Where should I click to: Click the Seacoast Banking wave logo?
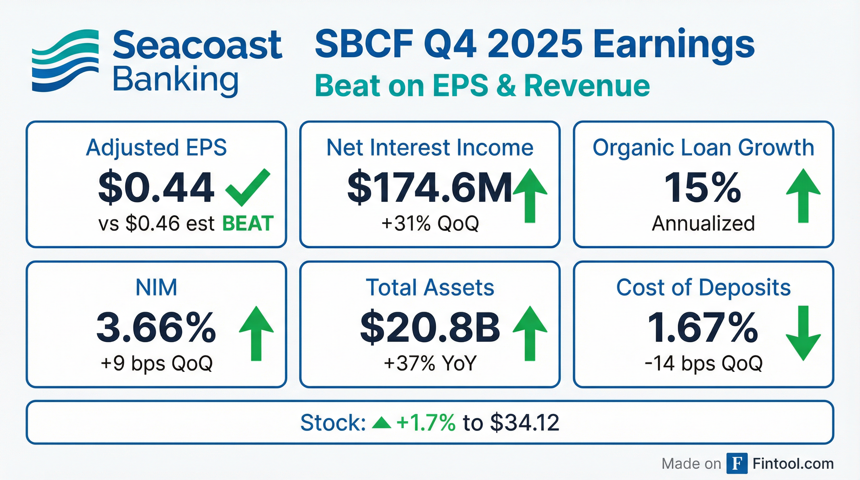pos(65,60)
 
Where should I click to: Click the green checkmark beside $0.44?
pos(248,187)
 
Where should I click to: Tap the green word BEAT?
pos(248,223)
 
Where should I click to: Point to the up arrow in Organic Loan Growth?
pos(803,196)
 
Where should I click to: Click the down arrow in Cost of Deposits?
pos(803,333)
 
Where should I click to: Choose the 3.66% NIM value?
pos(156,327)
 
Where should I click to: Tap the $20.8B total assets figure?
pos(430,327)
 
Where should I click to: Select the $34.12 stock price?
pos(525,422)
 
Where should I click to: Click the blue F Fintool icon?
pos(737,464)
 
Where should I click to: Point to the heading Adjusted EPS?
pos(156,148)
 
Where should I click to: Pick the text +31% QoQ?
pos(430,223)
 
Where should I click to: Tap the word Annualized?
pos(703,223)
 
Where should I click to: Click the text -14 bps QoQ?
pos(703,363)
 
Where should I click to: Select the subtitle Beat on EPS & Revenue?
pos(482,86)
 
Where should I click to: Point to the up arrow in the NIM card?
pos(256,333)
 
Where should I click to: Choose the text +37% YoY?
pos(430,363)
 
